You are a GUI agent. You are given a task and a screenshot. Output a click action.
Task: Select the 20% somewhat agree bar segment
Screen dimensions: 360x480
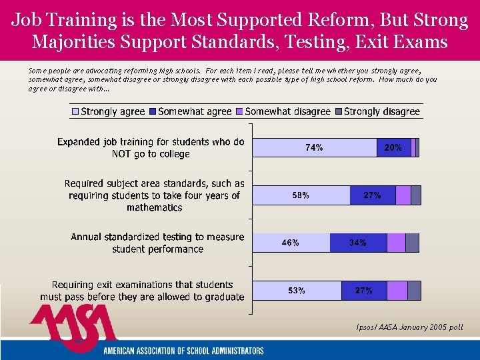pyautogui.click(x=393, y=148)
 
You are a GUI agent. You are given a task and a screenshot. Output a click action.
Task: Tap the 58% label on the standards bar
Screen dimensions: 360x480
pyautogui.click(x=301, y=195)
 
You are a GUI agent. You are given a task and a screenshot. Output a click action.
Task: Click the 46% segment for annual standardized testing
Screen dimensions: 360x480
pyautogui.click(x=291, y=243)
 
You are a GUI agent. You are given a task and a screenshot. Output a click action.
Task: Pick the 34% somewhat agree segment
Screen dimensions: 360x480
pyautogui.click(x=358, y=243)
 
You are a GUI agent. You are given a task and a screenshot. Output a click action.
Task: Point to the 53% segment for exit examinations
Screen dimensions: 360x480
pyautogui.click(x=297, y=291)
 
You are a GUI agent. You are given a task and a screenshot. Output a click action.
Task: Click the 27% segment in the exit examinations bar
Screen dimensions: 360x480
pyautogui.click(x=363, y=291)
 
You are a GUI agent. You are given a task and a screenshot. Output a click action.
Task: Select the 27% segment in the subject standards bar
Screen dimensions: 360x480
pyautogui.click(x=372, y=195)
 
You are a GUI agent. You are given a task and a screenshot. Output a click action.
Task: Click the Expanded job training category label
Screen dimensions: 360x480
pyautogui.click(x=151, y=148)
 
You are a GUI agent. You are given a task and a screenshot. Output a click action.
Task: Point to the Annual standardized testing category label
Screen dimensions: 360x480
pyautogui.click(x=157, y=243)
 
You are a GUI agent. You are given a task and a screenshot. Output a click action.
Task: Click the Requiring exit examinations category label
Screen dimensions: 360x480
pyautogui.click(x=142, y=291)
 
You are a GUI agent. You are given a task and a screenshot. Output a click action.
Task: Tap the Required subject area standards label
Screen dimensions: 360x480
pyautogui.click(x=155, y=195)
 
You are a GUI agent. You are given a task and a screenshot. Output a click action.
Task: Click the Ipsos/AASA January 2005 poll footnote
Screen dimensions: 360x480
pyautogui.click(x=410, y=327)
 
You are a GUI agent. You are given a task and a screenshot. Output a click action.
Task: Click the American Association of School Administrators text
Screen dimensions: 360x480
pyautogui.click(x=183, y=351)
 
